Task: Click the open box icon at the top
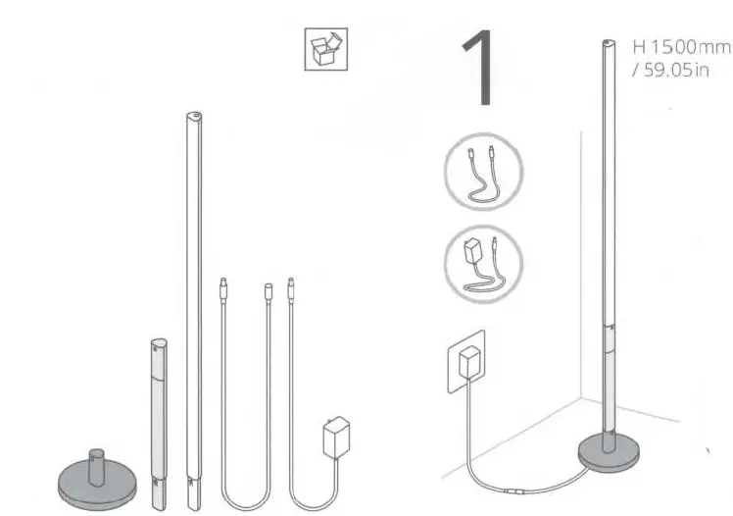323,51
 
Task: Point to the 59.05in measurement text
675,72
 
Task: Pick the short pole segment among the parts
159,412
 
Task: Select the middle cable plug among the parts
267,290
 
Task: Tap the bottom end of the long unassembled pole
194,482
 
